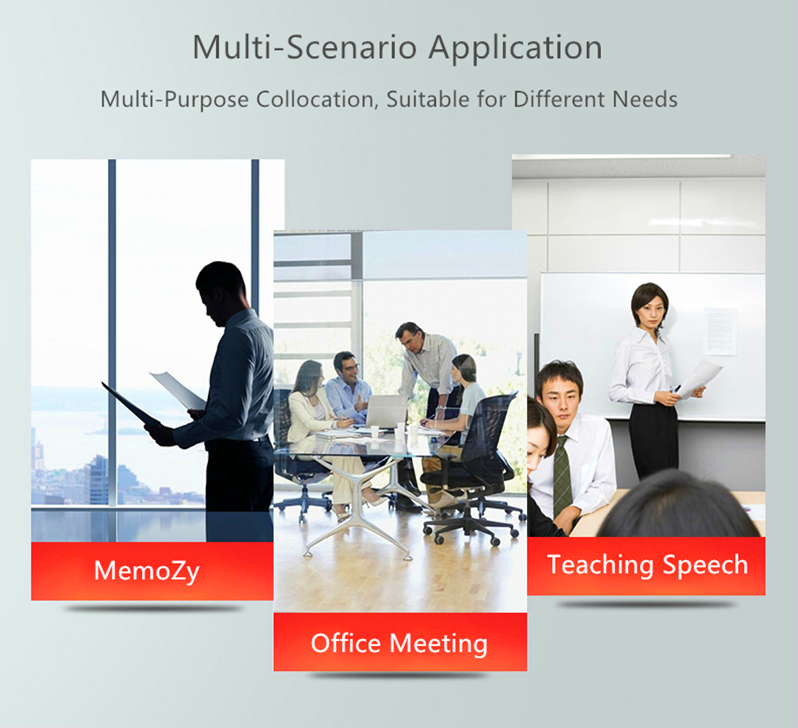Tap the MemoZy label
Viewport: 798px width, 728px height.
click(x=146, y=571)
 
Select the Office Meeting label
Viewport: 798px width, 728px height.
click(x=399, y=644)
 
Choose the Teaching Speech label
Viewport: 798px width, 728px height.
click(x=648, y=565)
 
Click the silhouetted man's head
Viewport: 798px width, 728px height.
click(x=220, y=286)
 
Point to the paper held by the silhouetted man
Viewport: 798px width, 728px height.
click(x=178, y=390)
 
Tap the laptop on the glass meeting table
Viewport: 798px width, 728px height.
click(x=385, y=412)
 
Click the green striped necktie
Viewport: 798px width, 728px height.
click(x=563, y=477)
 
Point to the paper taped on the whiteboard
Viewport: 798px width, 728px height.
click(x=720, y=331)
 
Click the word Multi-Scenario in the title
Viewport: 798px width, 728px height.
click(x=305, y=47)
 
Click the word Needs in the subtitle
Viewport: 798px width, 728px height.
click(x=645, y=100)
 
